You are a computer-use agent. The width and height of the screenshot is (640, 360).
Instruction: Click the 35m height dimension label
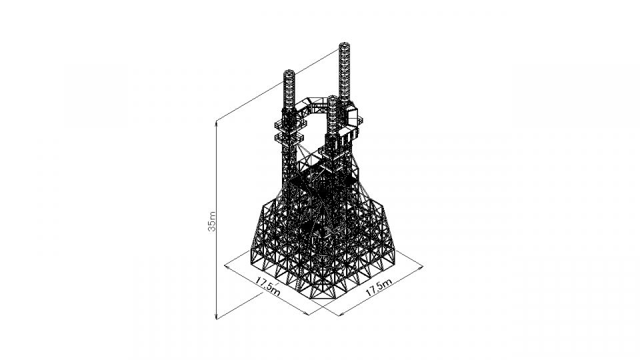[212, 221]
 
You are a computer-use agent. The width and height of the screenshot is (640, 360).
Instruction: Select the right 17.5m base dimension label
[379, 287]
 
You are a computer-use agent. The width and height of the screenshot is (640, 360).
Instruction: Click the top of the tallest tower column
[345, 44]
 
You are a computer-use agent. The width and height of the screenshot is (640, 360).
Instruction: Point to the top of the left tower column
[289, 72]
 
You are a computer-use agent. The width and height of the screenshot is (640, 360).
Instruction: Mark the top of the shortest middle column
[333, 98]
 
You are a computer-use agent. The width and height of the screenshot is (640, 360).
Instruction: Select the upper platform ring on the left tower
[289, 123]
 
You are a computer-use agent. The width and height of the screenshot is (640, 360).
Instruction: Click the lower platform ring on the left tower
[289, 136]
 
